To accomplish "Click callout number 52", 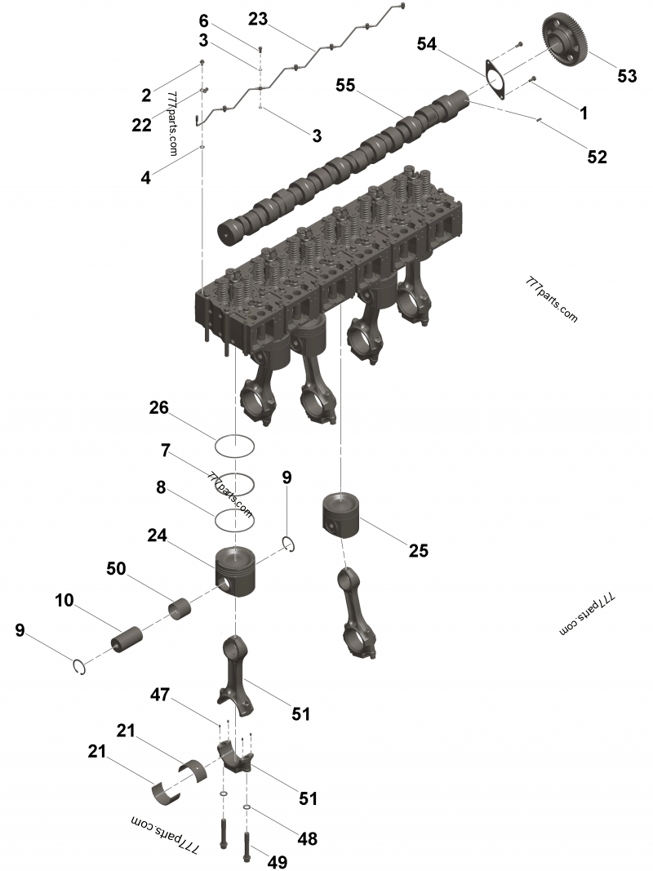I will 597,157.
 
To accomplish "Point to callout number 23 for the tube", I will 258,18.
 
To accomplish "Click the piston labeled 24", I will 235,571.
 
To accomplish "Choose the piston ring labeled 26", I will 235,446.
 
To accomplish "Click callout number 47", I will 159,695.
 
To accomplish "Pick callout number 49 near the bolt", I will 278,862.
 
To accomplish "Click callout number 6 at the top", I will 204,20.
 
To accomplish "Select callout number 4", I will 145,176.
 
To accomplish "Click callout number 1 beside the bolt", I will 584,113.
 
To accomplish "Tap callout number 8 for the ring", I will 161,488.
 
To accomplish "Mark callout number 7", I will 165,450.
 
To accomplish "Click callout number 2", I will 146,95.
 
